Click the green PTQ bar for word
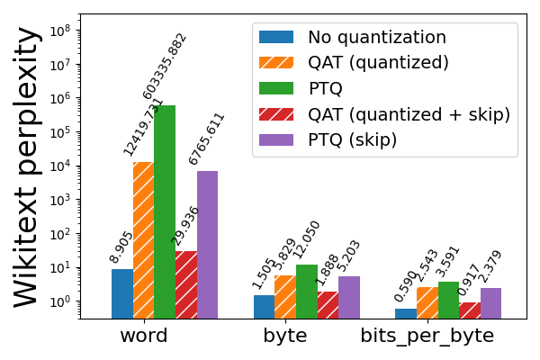(165, 211)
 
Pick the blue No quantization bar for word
(122, 293)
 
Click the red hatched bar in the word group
(186, 284)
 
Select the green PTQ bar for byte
(306, 291)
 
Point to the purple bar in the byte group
(349, 297)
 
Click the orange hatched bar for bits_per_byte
(427, 302)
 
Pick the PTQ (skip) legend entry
(352, 139)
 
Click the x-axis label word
(144, 337)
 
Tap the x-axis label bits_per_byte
(427, 337)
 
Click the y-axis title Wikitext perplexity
(27, 166)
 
